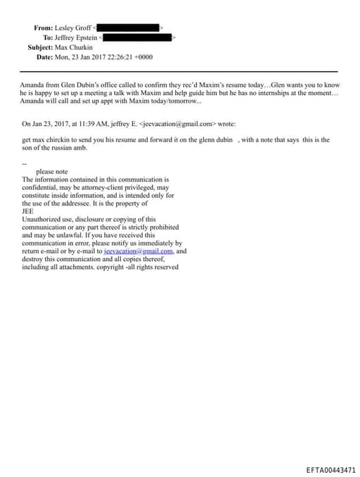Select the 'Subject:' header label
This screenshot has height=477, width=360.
[x=39, y=47]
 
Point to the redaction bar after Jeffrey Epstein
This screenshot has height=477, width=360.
[x=139, y=37]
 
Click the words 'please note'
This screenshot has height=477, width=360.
[x=51, y=172]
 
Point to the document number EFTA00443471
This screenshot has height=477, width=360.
[x=331, y=469]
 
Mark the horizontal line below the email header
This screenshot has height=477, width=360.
[x=179, y=72]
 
